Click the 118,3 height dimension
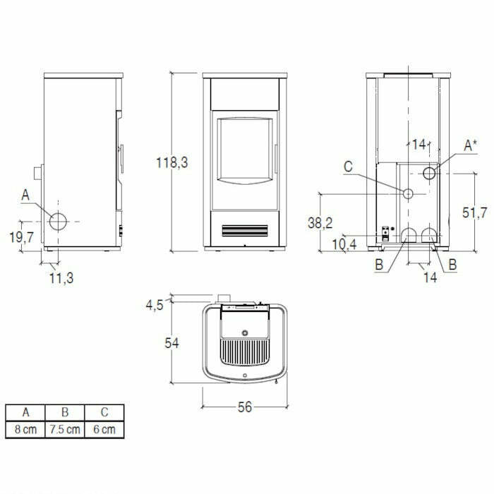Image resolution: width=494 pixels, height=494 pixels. click(172, 162)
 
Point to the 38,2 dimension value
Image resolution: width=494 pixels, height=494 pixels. click(320, 223)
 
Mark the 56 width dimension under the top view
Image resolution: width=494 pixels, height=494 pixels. click(245, 408)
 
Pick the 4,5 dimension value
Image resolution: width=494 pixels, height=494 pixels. click(155, 306)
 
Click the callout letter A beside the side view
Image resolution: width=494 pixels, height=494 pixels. click(25, 194)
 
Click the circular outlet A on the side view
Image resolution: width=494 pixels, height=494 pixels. click(59, 221)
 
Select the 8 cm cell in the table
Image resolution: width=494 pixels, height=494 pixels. click(25, 429)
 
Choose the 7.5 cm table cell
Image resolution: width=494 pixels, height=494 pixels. click(64, 429)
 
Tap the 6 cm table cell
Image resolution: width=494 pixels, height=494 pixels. click(104, 429)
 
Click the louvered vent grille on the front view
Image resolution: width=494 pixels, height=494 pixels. click(244, 230)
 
